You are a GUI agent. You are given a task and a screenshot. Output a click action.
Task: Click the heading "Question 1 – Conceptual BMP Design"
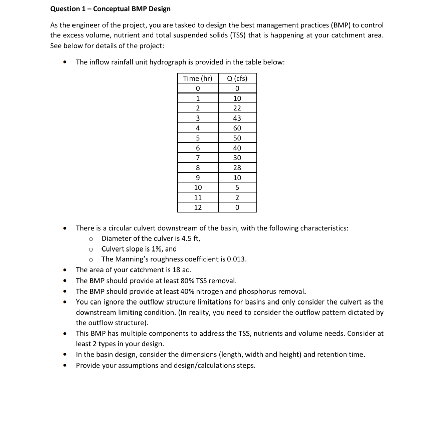pos(110,9)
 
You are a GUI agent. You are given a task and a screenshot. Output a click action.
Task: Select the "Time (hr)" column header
pos(198,79)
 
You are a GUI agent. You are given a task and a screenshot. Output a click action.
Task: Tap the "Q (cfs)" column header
pos(237,79)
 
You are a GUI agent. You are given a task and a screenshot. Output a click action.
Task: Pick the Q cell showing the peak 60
pos(237,128)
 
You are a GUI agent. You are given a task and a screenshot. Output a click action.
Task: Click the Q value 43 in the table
pos(237,118)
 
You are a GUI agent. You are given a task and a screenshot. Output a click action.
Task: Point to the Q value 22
pos(237,108)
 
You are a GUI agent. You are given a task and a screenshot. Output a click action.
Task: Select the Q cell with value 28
pos(237,168)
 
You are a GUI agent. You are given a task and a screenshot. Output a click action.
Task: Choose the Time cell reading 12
pos(198,207)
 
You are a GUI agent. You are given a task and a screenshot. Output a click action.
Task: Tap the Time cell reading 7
pos(198,158)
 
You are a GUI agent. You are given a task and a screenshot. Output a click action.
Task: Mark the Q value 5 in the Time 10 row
pos(237,188)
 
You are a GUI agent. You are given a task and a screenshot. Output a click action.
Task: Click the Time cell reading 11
pos(198,197)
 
